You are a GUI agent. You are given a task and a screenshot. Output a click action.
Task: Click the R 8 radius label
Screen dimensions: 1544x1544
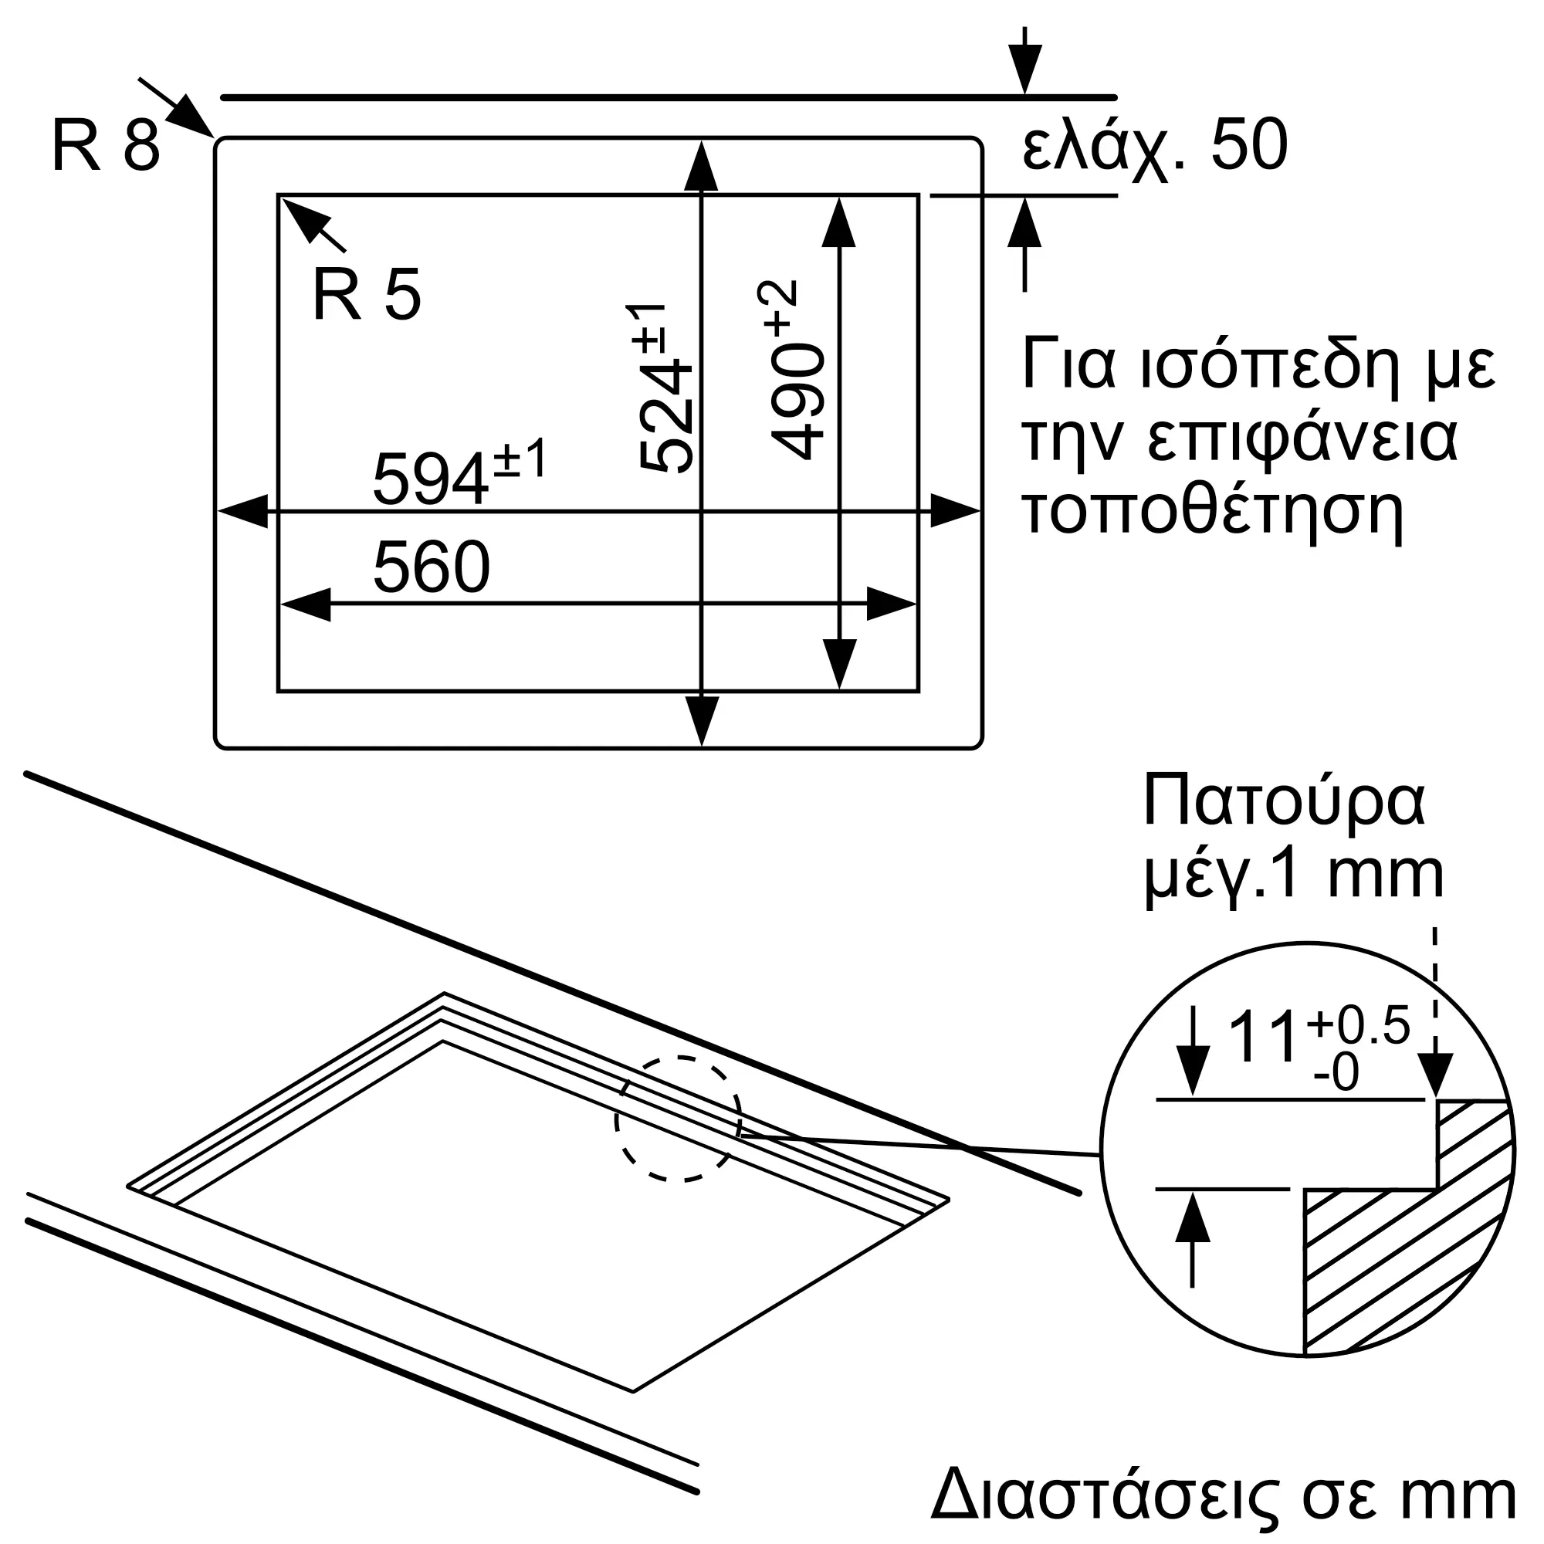[x=106, y=145]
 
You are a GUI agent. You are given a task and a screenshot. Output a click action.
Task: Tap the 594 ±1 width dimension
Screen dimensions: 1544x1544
[x=459, y=472]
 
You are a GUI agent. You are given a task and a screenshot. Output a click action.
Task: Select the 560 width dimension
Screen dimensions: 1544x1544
[x=431, y=567]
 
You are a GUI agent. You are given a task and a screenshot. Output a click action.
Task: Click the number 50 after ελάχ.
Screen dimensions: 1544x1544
[x=1249, y=145]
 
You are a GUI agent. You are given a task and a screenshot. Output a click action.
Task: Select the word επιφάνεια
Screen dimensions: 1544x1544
[x=1302, y=441]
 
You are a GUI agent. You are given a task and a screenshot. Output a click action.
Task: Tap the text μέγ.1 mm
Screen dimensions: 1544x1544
[x=1294, y=878]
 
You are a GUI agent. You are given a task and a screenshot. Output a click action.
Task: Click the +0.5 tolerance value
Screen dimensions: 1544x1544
[x=1359, y=1027]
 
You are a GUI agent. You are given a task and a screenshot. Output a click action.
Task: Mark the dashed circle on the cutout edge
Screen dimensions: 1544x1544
[x=679, y=1119]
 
